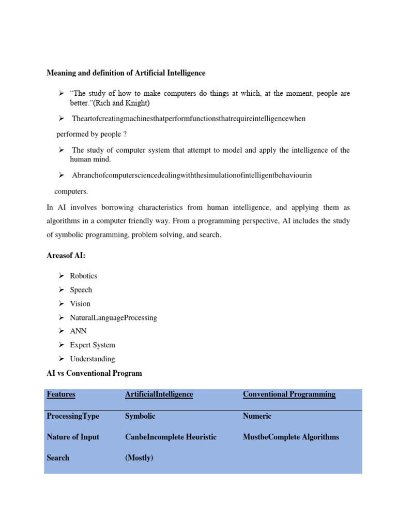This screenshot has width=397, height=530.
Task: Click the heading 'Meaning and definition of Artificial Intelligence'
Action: [126, 73]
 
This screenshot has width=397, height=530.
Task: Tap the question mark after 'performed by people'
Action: [125, 134]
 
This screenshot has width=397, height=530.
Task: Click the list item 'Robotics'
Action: [83, 276]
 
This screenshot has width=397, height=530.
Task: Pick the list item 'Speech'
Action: [81, 290]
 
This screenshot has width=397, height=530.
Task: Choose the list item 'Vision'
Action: [80, 304]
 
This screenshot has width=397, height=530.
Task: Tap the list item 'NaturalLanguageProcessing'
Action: [113, 317]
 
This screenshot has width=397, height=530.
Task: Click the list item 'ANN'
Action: [79, 331]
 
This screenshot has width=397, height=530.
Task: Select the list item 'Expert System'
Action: [93, 345]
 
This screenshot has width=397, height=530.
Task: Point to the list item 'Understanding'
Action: [93, 359]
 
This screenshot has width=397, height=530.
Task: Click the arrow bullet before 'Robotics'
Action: [60, 276]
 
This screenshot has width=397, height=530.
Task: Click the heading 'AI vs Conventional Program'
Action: [94, 373]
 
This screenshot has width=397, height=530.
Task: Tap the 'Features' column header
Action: [61, 394]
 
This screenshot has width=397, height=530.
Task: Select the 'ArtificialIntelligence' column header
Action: [159, 394]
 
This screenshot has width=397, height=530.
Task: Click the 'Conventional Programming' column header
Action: [289, 394]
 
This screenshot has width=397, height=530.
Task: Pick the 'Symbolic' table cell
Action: [140, 416]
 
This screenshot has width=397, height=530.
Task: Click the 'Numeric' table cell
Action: [257, 416]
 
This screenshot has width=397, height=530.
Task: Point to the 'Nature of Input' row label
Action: [73, 437]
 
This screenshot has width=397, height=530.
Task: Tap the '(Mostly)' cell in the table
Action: [139, 458]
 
